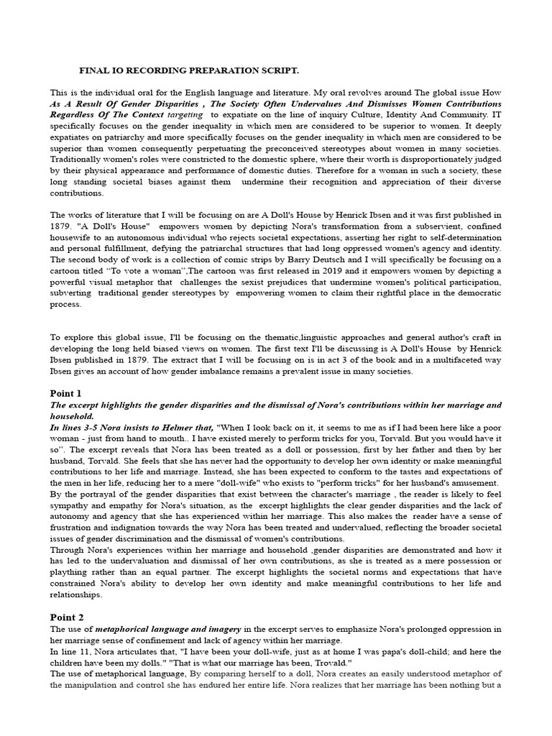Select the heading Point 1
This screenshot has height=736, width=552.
66,393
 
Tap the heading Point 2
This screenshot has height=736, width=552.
66,617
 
